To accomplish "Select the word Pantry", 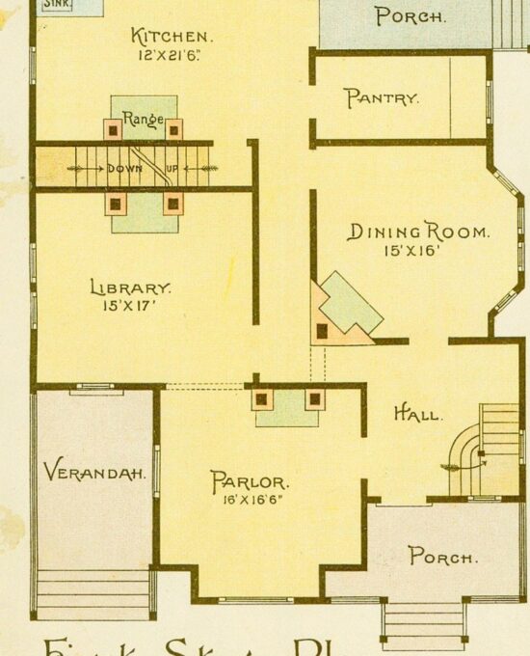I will (x=382, y=97).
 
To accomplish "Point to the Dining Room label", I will (x=418, y=232).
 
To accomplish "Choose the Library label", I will (x=131, y=287).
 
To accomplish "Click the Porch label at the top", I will (x=411, y=15).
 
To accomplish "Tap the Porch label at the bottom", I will (x=442, y=557).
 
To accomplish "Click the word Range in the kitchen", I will (x=143, y=123).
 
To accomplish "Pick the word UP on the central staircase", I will (x=174, y=168).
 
